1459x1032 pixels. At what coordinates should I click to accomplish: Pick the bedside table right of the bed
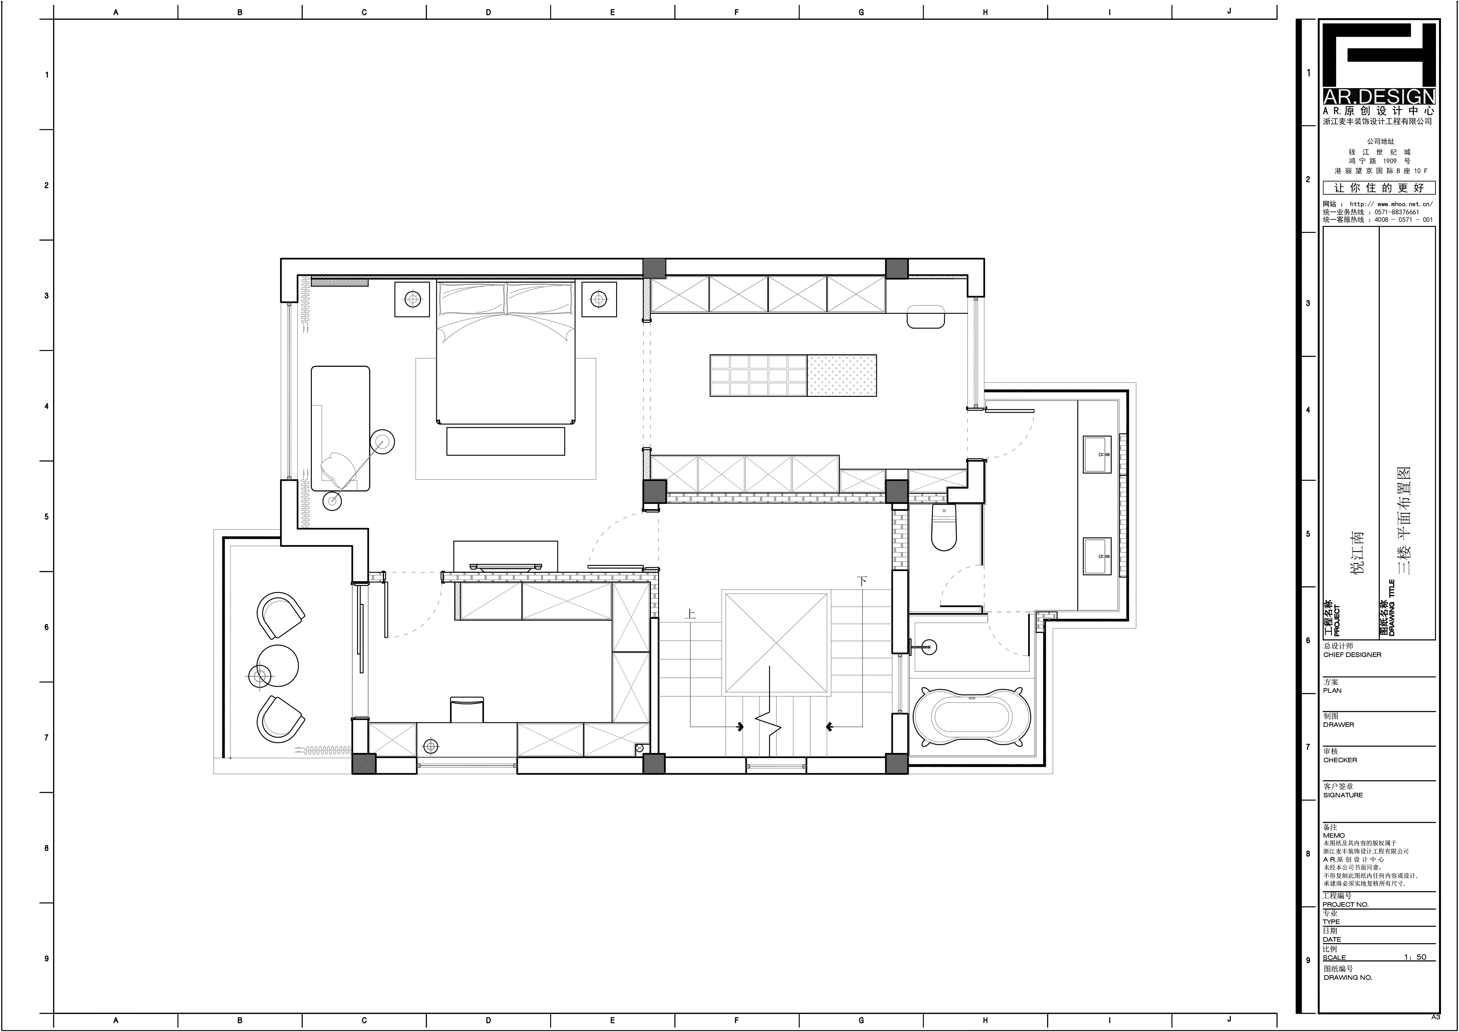[x=599, y=299]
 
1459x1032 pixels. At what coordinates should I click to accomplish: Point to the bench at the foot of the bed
[x=506, y=441]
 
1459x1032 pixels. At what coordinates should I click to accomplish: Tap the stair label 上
[x=690, y=614]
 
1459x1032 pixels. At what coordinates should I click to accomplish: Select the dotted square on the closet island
[x=842, y=376]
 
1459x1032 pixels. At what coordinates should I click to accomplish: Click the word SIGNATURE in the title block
[x=1343, y=795]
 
